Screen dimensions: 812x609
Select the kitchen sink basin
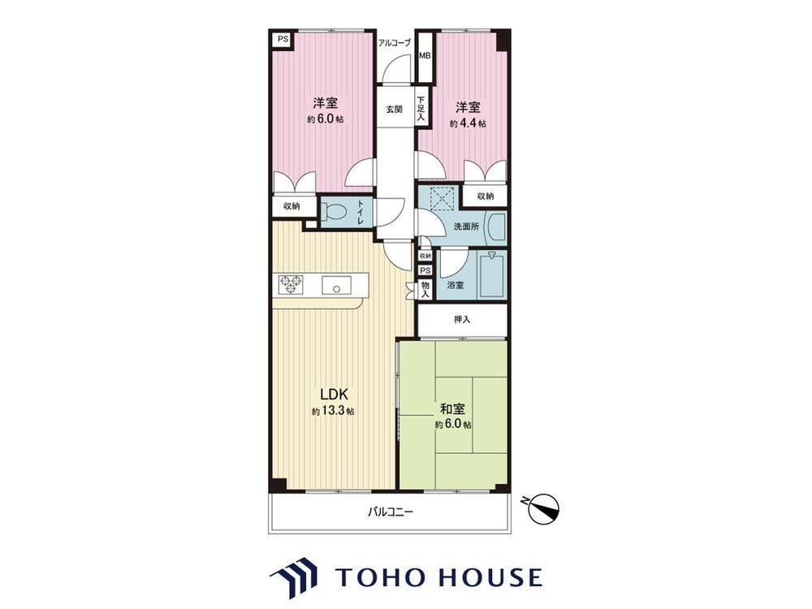click(336, 285)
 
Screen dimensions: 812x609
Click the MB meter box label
click(425, 55)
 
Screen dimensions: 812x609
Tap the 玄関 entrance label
click(394, 110)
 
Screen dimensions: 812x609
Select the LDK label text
click(334, 394)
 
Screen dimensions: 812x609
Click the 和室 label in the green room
click(452, 409)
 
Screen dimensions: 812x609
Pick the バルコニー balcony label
click(391, 512)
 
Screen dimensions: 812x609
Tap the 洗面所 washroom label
click(466, 227)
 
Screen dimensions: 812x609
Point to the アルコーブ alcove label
click(395, 43)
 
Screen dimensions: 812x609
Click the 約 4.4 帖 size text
click(468, 123)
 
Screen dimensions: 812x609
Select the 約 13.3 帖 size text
click(334, 412)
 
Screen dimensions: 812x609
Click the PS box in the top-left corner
click(282, 39)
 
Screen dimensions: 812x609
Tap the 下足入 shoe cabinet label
click(421, 110)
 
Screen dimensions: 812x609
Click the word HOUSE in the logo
click(490, 577)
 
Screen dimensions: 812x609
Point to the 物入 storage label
click(425, 290)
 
